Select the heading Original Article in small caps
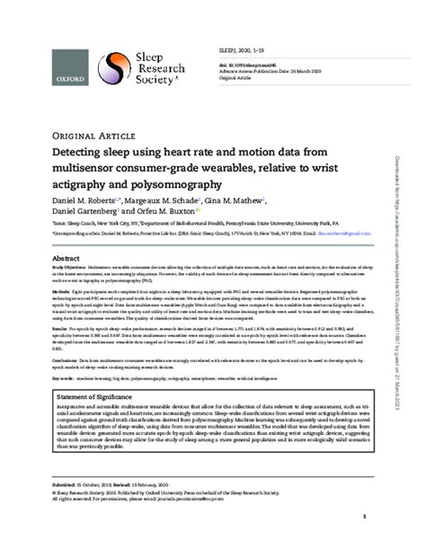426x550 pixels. pyautogui.click(x=66, y=137)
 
